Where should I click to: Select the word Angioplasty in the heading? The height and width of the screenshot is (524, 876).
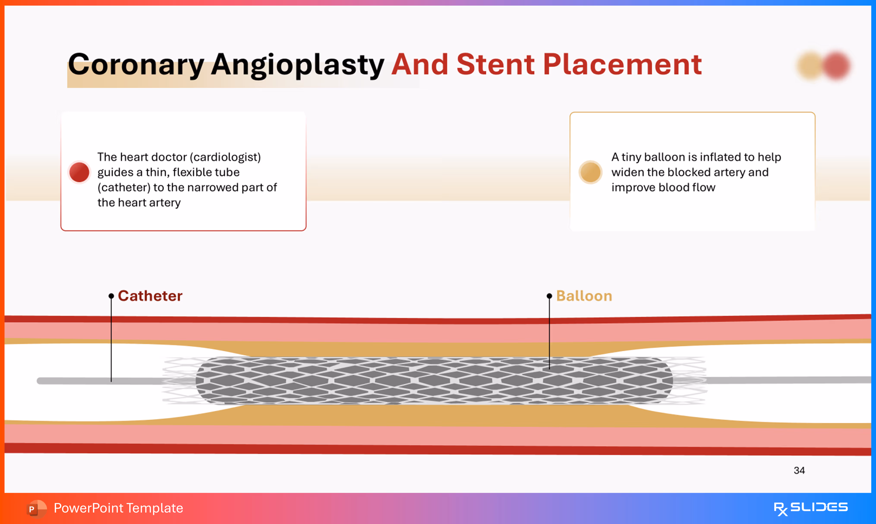(297, 65)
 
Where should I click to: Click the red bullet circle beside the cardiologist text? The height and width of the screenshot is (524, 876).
(79, 172)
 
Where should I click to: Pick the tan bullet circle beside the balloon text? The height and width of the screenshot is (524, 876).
(590, 172)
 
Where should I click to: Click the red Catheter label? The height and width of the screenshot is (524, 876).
(150, 296)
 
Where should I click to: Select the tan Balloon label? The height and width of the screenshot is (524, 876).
(584, 296)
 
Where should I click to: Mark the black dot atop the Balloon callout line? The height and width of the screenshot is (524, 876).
(549, 296)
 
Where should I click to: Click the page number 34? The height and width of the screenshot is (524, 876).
(799, 470)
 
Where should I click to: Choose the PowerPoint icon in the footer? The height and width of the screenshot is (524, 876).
(36, 508)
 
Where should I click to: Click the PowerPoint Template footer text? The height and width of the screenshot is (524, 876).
(118, 508)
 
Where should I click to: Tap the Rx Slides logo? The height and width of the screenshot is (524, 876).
(810, 508)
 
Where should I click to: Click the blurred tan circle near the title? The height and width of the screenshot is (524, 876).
(810, 66)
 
